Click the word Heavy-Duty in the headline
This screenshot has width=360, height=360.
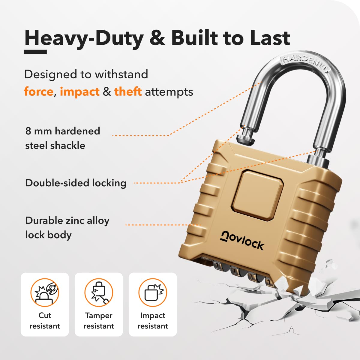coord(84,38)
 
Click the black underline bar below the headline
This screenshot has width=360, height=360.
coord(35,52)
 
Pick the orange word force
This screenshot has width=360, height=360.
coord(39,92)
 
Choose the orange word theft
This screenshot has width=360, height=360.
coord(128,91)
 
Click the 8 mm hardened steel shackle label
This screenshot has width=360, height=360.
coord(63,138)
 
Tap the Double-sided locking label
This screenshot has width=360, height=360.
coord(76,183)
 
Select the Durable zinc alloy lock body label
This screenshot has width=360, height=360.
coord(67,227)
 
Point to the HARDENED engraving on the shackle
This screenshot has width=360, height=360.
coord(305,65)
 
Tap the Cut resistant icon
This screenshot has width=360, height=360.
coord(45,292)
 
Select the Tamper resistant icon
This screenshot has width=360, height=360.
coord(99,292)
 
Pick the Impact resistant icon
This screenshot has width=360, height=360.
coord(153,292)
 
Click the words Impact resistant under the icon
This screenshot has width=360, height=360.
coord(153,321)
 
